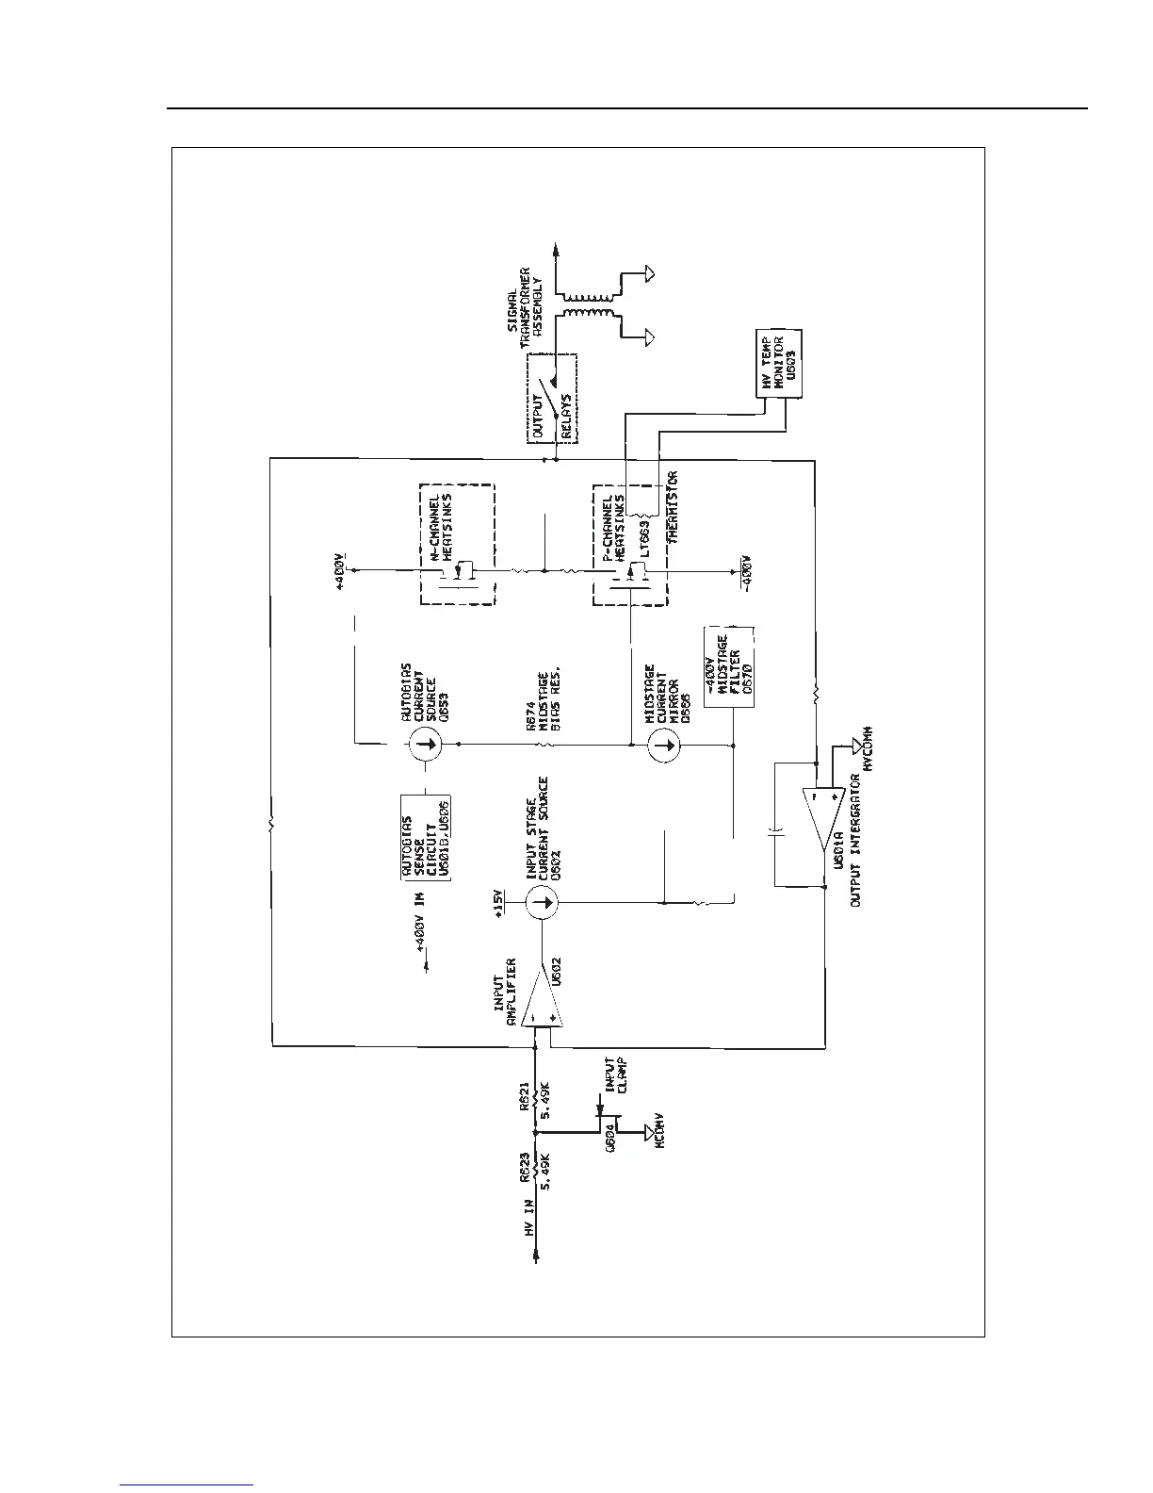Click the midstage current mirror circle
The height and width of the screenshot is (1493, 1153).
(x=666, y=745)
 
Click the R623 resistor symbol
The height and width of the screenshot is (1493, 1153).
(x=535, y=1169)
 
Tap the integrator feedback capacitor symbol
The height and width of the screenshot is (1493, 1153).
(x=774, y=833)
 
